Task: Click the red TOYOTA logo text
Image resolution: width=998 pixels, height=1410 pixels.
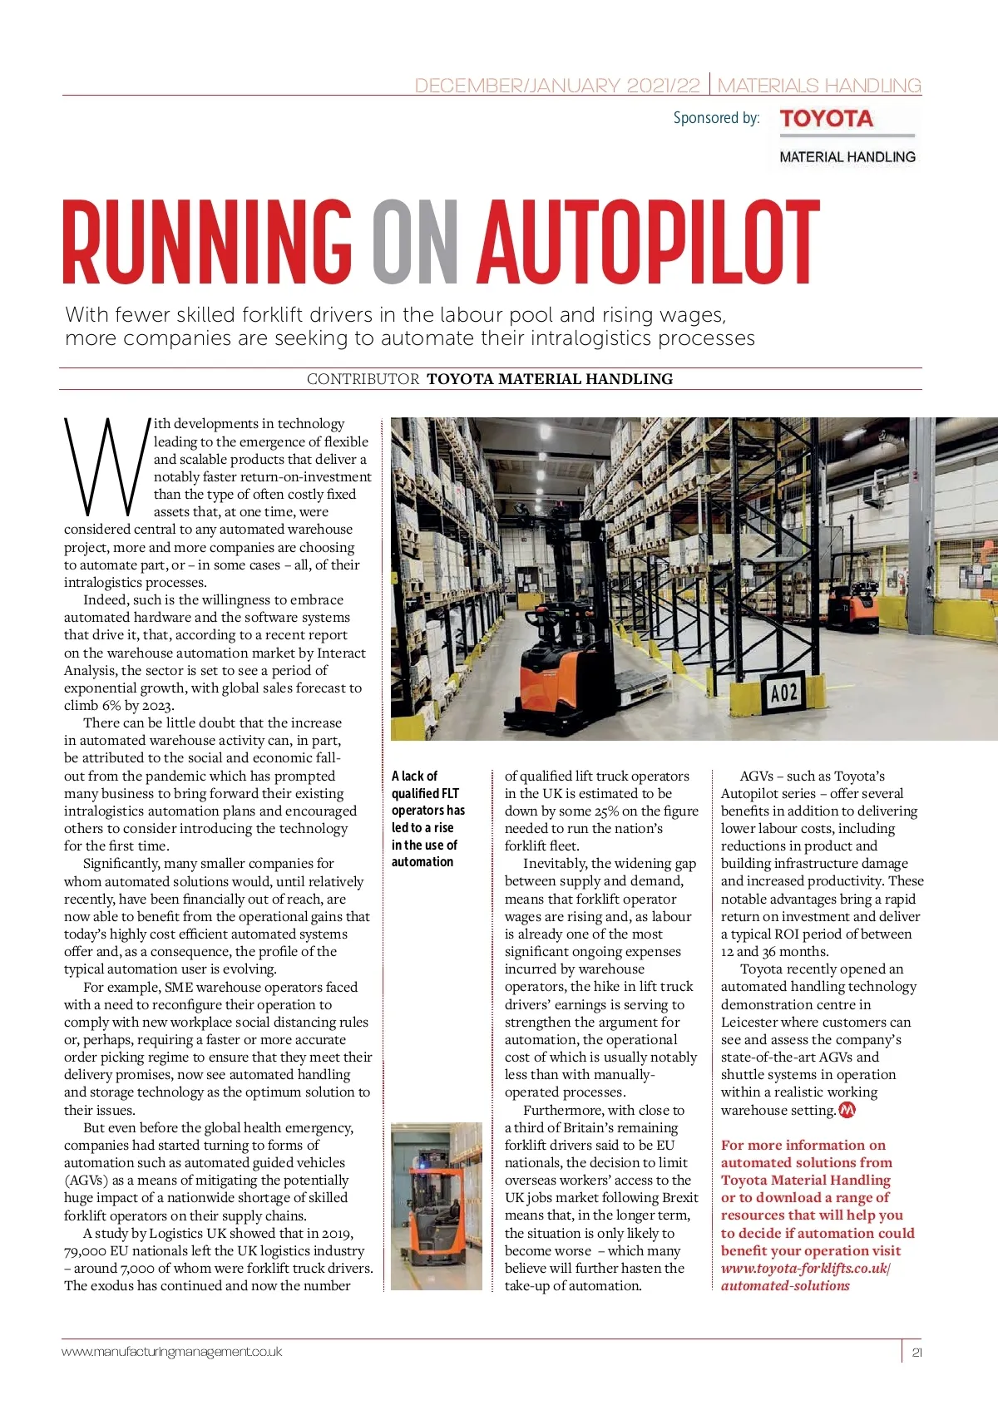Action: coord(826,119)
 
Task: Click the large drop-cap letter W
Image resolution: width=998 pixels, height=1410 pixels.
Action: coord(106,466)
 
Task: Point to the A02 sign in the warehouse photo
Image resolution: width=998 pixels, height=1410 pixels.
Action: coord(783,692)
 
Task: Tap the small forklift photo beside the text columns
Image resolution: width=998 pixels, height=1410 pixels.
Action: coord(436,1205)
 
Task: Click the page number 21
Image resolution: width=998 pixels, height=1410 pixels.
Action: coord(916,1353)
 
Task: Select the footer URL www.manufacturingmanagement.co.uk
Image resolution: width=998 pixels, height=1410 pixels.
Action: coord(172,1353)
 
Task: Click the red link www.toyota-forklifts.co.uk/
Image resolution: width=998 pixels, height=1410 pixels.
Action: coord(805,1269)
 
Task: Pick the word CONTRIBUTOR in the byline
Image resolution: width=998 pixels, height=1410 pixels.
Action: coord(363,379)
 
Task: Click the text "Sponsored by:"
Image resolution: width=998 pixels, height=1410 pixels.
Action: coord(716,118)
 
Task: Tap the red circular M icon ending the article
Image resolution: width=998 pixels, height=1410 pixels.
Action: coord(847,1110)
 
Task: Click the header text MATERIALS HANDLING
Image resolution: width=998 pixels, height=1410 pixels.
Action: coord(819,86)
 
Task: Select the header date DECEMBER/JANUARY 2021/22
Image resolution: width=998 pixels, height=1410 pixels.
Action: coord(557,86)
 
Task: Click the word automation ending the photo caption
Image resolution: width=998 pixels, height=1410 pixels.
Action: coord(422,862)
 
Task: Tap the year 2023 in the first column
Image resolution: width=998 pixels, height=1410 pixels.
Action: coord(156,706)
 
